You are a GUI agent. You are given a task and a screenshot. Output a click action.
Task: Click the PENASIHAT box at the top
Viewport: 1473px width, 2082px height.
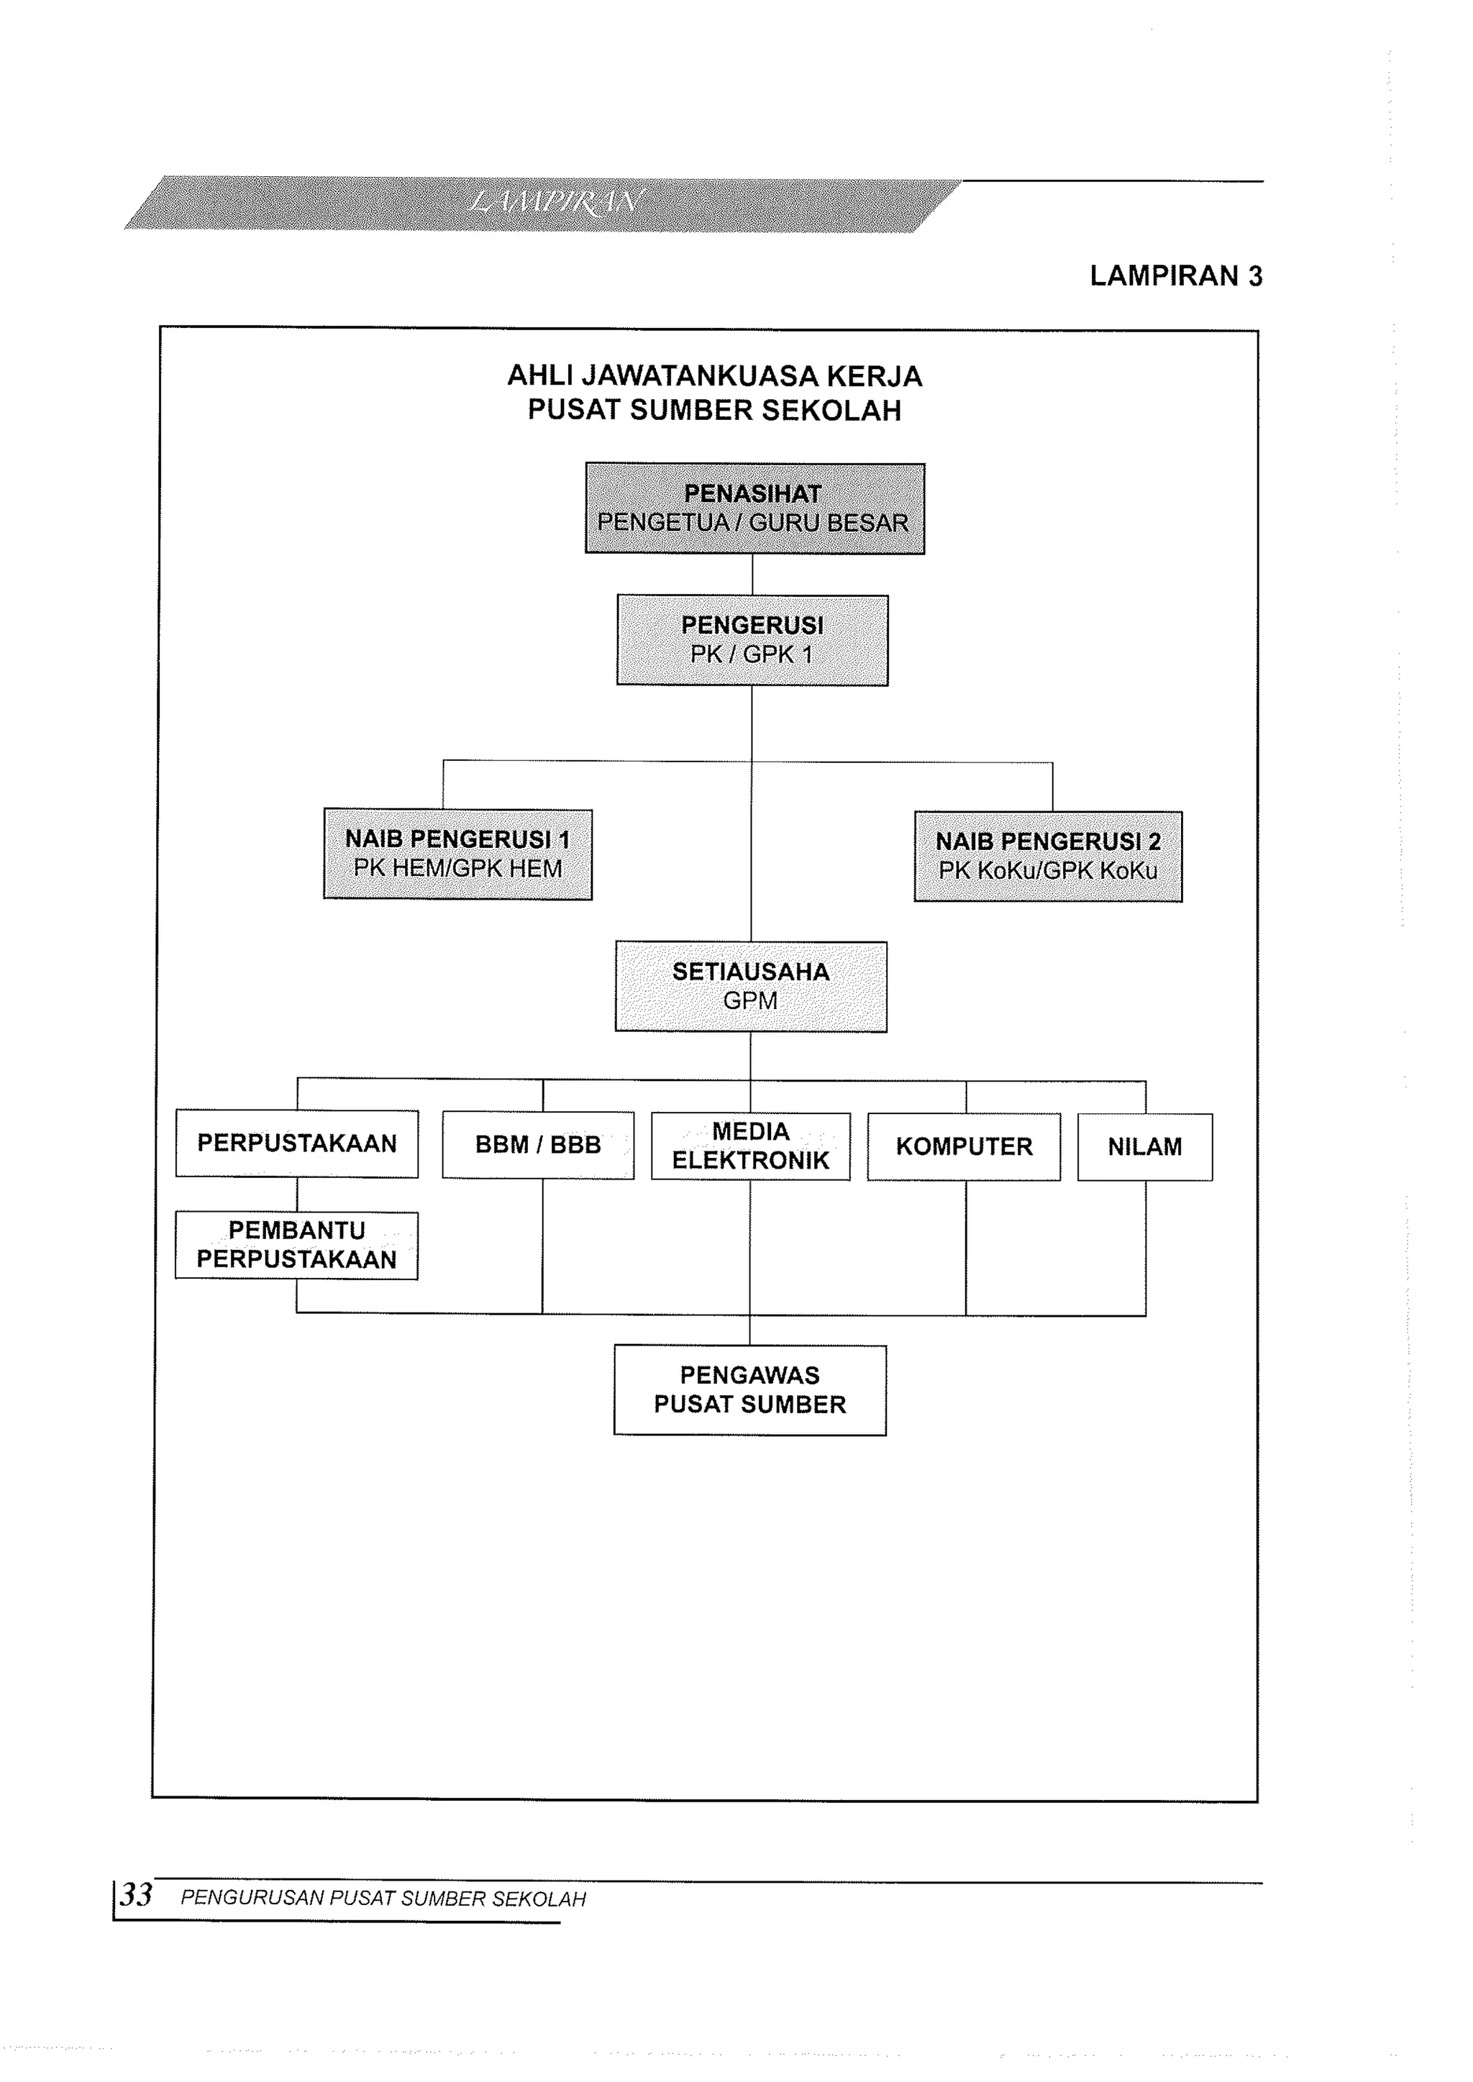point(754,508)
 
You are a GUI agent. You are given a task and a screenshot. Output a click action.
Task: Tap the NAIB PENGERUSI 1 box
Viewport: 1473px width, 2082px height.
point(458,854)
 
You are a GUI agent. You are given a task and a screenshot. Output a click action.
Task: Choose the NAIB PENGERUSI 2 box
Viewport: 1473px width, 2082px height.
point(1048,856)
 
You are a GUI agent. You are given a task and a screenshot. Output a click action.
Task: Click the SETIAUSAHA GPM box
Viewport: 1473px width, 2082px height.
point(751,987)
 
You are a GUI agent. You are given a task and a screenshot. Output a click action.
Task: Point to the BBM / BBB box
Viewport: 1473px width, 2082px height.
point(538,1146)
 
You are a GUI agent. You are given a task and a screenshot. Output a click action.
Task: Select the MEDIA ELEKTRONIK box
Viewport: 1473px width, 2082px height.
point(751,1146)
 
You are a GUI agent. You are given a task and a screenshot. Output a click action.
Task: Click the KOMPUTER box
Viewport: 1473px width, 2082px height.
point(964,1147)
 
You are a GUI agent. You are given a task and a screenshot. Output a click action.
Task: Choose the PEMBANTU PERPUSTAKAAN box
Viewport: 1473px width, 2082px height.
point(296,1245)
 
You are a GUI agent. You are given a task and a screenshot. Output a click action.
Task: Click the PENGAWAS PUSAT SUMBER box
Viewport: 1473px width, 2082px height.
point(750,1390)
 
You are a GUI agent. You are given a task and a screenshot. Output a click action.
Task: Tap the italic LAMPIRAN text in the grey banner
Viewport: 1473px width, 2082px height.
point(555,201)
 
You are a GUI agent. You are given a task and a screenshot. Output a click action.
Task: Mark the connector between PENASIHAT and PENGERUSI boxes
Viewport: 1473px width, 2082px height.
point(753,575)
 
